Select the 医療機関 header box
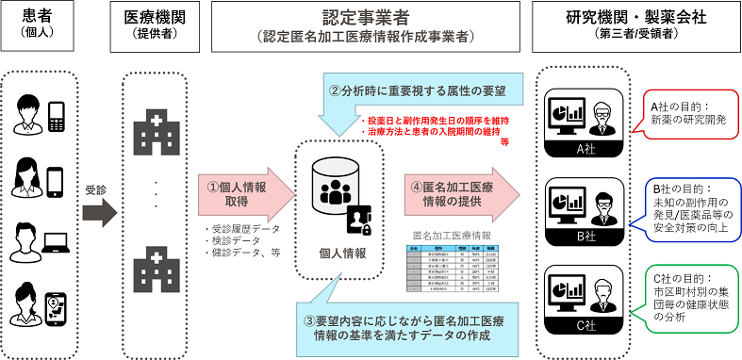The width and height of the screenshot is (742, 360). click(150, 27)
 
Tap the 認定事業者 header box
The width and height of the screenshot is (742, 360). click(365, 27)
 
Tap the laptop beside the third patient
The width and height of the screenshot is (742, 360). click(55, 252)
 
